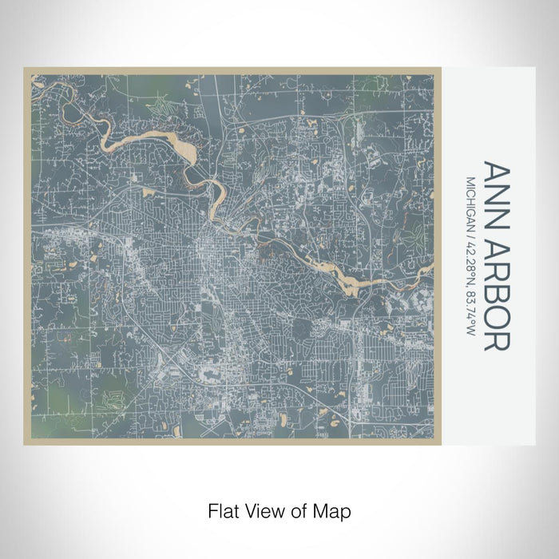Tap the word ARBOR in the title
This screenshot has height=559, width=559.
click(x=494, y=288)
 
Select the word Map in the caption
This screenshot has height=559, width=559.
click(x=335, y=509)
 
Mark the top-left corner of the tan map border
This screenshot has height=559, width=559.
click(x=25, y=68)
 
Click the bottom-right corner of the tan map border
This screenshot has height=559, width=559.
click(x=442, y=444)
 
